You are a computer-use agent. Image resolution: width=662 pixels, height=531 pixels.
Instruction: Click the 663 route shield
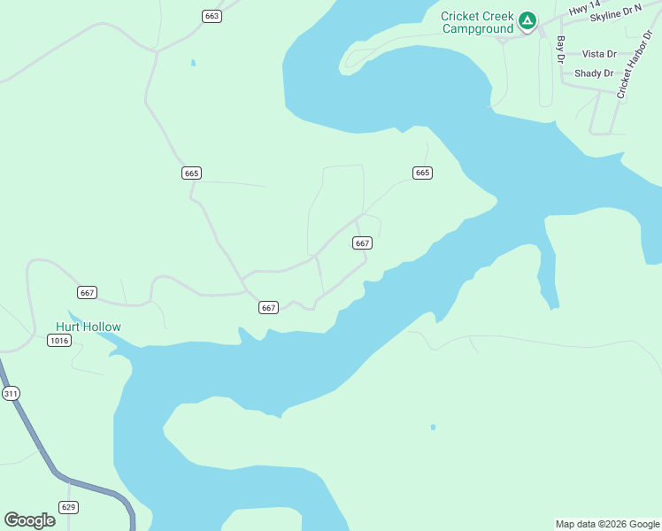coord(211,16)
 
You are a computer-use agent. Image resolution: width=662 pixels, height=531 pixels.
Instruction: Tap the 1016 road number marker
coord(58,341)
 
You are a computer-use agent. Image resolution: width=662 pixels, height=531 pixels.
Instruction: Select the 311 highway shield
coord(11,393)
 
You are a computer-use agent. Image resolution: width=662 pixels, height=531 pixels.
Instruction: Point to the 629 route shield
coord(69,507)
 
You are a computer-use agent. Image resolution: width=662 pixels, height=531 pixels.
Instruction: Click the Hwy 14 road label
coord(579,10)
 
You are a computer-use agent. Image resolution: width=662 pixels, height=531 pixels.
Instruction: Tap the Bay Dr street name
coord(560,50)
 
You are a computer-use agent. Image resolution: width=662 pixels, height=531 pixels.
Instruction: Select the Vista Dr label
coord(598,54)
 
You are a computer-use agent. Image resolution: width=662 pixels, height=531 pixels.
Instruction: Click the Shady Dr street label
coord(593,73)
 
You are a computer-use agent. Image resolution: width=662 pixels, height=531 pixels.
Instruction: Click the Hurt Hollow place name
coord(89,327)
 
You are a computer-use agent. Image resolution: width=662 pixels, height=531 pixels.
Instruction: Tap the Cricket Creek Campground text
coord(477,22)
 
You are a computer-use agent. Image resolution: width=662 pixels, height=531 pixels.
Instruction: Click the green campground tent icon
coord(527,19)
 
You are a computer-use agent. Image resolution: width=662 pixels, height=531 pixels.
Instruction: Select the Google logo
coord(29,520)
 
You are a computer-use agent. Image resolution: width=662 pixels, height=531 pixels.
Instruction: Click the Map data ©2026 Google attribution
coord(607,524)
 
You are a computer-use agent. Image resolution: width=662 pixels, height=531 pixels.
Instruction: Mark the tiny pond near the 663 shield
coord(192,63)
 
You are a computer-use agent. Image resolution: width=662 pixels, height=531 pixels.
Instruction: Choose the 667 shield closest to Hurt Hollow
coord(87,293)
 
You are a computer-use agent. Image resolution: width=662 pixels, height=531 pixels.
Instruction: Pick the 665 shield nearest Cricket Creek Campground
coord(422,173)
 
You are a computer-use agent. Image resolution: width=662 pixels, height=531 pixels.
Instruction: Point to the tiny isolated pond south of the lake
coord(433,427)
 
